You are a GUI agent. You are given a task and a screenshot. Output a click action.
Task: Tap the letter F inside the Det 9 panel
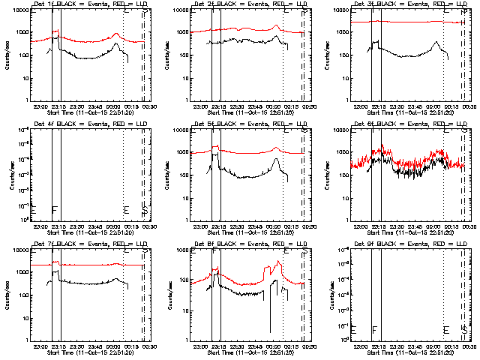[x=374, y=329]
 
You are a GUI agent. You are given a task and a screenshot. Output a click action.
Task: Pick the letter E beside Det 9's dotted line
[x=445, y=329]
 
